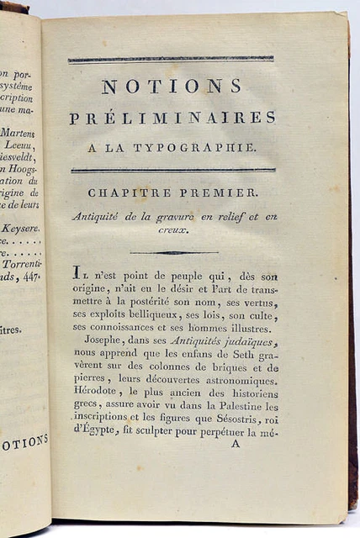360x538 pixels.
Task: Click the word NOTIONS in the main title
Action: [x=172, y=86]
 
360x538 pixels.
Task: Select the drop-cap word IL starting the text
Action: [x=78, y=272]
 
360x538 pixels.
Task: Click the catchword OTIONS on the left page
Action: [x=24, y=443]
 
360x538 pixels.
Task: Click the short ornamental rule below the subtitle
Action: [x=174, y=252]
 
